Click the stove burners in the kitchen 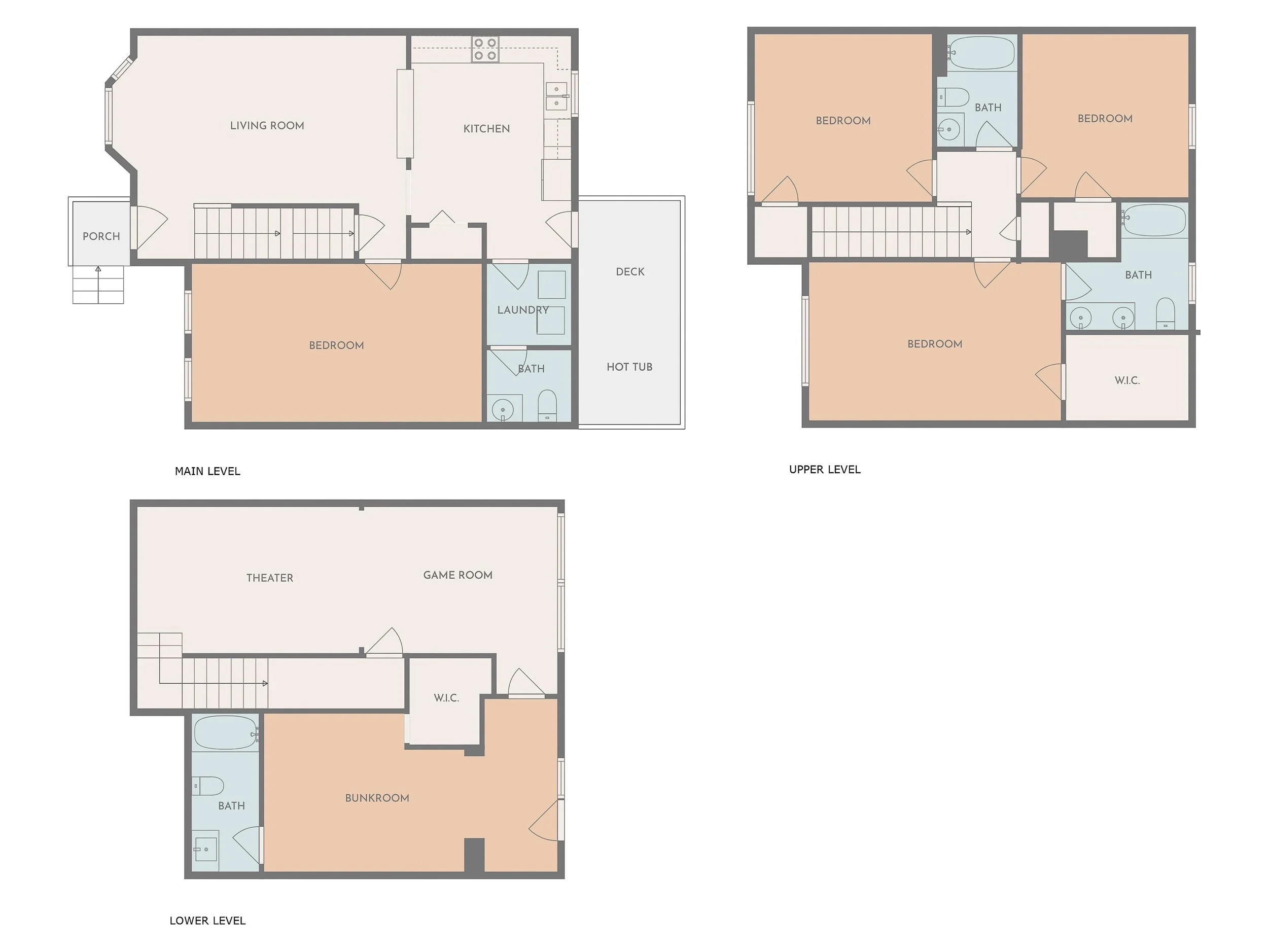(x=485, y=49)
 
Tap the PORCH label (x=101, y=236)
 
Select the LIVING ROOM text (x=267, y=126)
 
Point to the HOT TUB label (x=629, y=367)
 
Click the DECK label (x=630, y=272)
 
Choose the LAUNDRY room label (x=523, y=310)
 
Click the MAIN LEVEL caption (x=207, y=471)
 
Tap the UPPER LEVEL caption (x=824, y=470)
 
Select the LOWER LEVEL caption (x=207, y=921)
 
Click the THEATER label (x=269, y=578)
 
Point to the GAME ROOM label (x=457, y=575)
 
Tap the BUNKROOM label (x=377, y=798)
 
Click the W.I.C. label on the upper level (x=1127, y=380)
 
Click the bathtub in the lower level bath (x=225, y=732)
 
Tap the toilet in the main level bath (x=547, y=404)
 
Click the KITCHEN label (x=486, y=128)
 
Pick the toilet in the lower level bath (x=207, y=786)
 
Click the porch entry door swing (x=150, y=227)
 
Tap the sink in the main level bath (x=503, y=409)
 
